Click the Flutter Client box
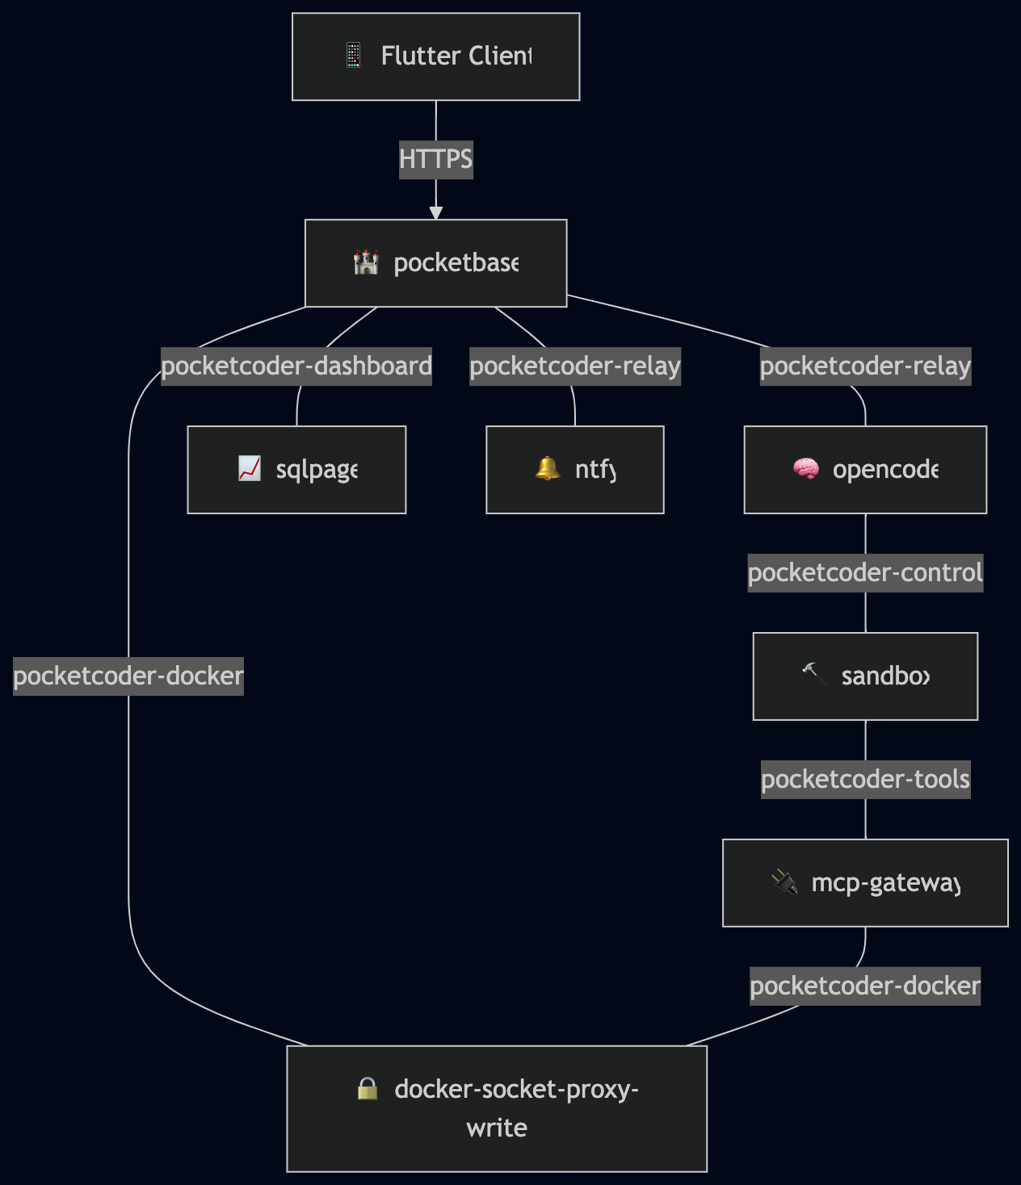pos(435,57)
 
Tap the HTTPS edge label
pos(435,159)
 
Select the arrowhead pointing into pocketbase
pos(436,213)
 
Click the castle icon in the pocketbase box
pos(366,262)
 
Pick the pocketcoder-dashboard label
pos(296,366)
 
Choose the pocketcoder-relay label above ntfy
pos(575,366)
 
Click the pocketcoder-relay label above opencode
pos(865,366)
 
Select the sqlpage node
pos(296,470)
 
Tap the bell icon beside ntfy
pos(548,468)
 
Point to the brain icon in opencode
pos(805,469)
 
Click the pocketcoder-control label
pos(865,573)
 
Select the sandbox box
pos(865,676)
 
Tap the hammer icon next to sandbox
pos(814,674)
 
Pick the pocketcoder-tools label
pos(865,780)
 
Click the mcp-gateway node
pos(865,883)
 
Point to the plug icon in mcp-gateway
pos(784,882)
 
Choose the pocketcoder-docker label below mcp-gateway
pos(865,986)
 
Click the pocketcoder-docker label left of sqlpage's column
pos(128,676)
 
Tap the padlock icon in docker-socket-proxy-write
pos(368,1089)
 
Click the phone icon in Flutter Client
pos(353,56)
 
